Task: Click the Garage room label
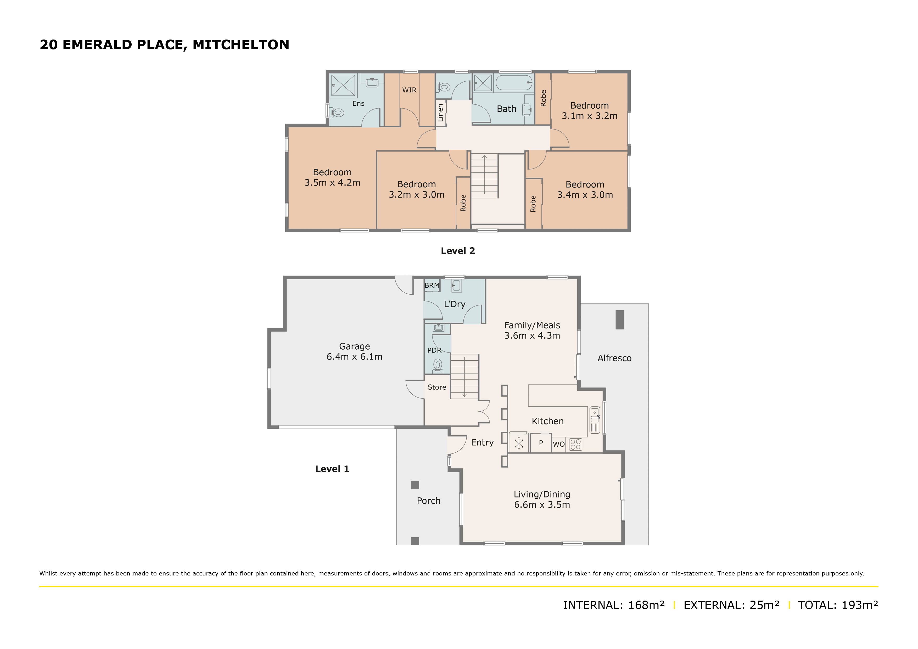tap(354, 346)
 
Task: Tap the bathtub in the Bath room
tap(514, 83)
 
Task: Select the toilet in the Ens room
tap(337, 113)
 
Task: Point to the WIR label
tap(409, 90)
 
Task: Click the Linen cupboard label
tap(440, 113)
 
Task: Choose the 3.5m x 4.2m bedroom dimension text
tap(332, 183)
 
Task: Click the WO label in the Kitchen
tap(558, 444)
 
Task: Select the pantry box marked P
tap(541, 443)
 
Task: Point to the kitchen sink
tap(595, 420)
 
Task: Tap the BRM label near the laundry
tap(432, 286)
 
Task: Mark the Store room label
tap(436, 387)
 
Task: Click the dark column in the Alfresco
tap(620, 320)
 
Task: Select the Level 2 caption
tap(458, 251)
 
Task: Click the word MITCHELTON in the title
tap(241, 44)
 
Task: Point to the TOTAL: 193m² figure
tap(838, 605)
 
